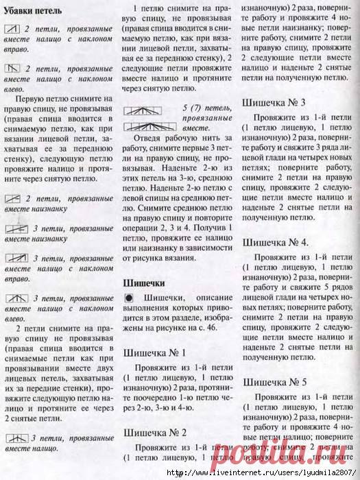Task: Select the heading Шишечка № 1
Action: coord(154,352)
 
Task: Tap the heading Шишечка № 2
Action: coord(155,432)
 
